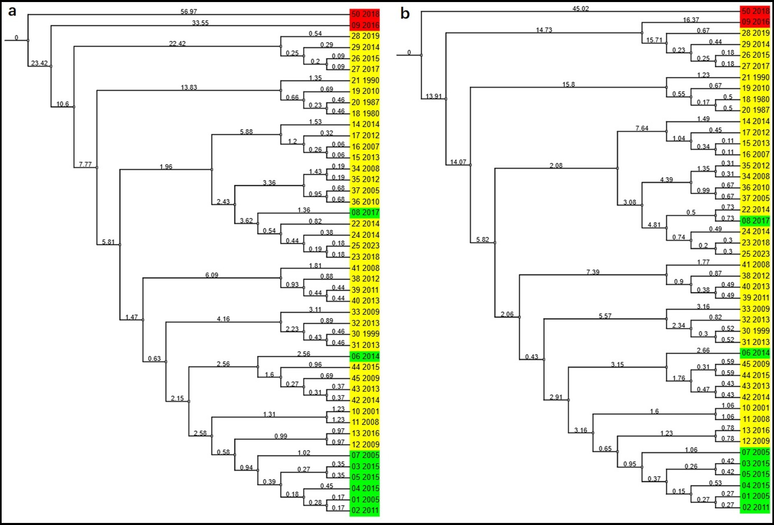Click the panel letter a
point(12,11)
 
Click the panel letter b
point(405,14)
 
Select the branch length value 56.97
point(188,12)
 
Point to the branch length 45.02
point(581,8)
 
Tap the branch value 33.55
point(200,23)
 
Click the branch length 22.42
point(177,43)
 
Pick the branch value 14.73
point(544,30)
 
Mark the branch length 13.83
point(188,87)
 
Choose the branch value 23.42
point(39,63)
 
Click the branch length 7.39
point(593,272)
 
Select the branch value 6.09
point(212,275)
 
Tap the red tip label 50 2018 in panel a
point(365,14)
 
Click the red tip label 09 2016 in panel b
point(755,22)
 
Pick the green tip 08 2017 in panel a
point(365,213)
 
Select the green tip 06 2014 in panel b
point(755,353)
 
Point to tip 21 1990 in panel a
point(365,80)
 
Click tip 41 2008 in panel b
point(755,265)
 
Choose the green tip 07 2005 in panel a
point(365,455)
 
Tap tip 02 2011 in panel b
point(755,507)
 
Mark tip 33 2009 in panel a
point(365,312)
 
